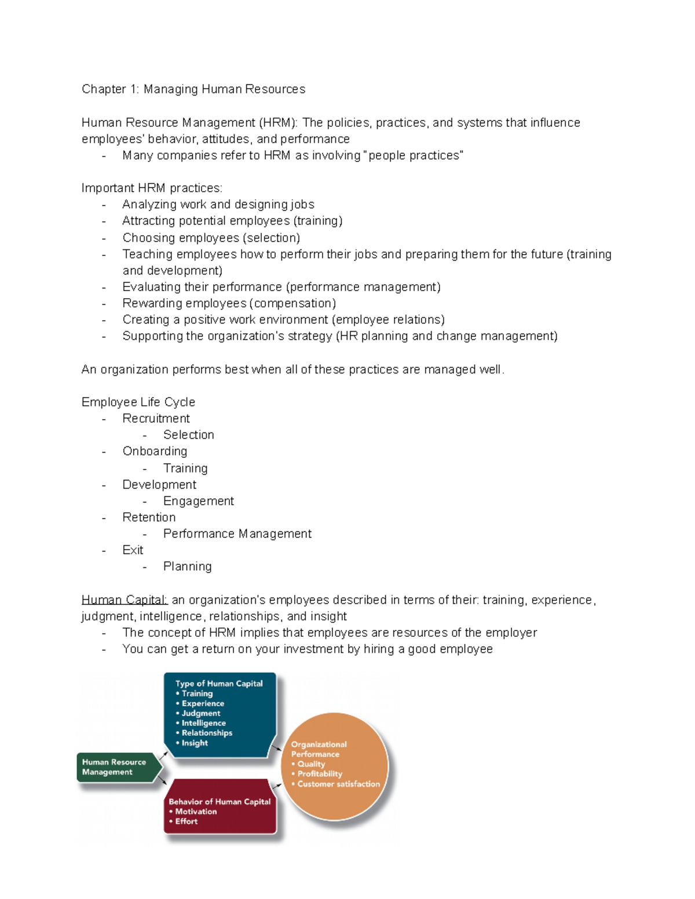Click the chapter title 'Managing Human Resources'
[x=224, y=89]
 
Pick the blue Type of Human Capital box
[x=220, y=713]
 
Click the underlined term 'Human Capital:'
[x=125, y=600]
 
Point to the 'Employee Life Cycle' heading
[x=138, y=402]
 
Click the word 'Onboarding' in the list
[x=155, y=451]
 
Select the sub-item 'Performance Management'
[x=237, y=534]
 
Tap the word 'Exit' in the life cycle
[x=133, y=550]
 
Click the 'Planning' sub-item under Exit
[x=187, y=567]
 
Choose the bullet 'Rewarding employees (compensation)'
[x=229, y=303]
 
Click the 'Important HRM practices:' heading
[x=152, y=188]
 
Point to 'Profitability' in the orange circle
[x=320, y=774]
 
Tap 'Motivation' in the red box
[x=196, y=812]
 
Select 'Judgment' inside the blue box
[x=201, y=714]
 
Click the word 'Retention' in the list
[x=149, y=518]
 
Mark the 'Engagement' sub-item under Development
[x=199, y=501]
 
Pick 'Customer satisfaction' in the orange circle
[x=339, y=784]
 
